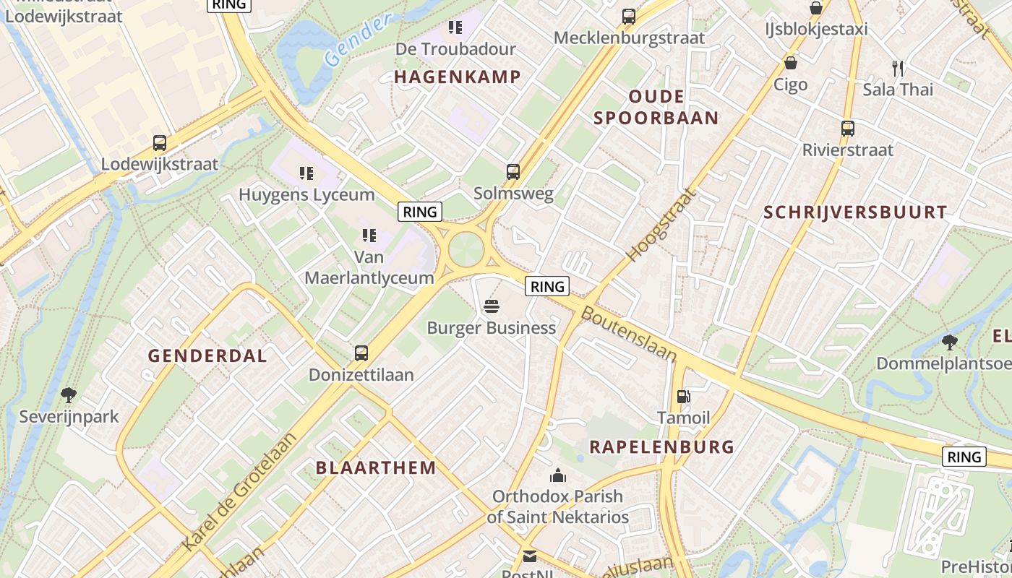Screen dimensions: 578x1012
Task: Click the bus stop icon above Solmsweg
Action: [513, 172]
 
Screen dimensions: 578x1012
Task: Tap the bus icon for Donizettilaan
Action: [361, 353]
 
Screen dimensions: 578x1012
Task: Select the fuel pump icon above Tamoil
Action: [683, 396]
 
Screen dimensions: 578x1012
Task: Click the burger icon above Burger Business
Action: [492, 306]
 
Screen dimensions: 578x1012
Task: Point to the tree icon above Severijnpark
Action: [69, 394]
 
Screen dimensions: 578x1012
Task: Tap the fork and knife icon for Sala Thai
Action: [898, 69]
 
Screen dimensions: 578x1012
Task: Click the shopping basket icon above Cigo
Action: [791, 63]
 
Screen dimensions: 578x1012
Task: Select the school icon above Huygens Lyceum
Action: [306, 173]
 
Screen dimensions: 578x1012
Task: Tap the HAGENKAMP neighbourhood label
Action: [458, 77]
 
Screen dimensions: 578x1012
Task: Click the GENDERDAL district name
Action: [207, 355]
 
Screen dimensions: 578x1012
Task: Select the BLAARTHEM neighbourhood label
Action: [376, 467]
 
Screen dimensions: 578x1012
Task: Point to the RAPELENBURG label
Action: [661, 447]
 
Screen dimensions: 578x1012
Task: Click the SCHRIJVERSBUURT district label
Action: [855, 212]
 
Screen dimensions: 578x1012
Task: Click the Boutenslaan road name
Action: [629, 334]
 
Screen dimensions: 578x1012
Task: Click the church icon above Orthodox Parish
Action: [558, 475]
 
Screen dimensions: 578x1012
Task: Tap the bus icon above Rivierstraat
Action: [848, 129]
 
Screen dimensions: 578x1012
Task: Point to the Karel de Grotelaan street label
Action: [240, 491]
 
